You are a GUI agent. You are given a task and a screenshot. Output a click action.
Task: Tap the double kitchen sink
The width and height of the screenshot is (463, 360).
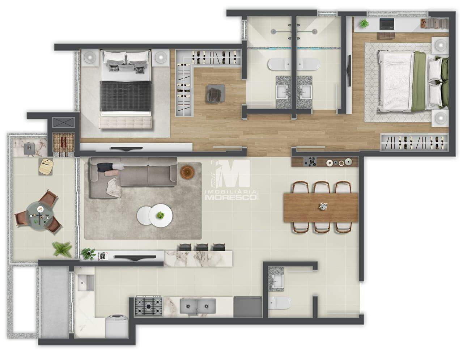click(x=197, y=307)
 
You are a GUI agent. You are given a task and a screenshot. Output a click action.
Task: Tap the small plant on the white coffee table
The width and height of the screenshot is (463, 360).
click(x=160, y=215)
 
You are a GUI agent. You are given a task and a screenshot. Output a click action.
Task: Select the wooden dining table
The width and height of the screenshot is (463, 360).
click(x=321, y=207)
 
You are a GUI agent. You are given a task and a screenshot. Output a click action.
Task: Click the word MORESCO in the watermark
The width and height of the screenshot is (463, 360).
click(x=231, y=197)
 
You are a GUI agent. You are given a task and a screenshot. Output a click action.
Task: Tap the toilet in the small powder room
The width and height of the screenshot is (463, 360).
click(x=281, y=303)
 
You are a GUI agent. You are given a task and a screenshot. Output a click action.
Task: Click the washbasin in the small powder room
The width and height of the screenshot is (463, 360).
click(x=277, y=280)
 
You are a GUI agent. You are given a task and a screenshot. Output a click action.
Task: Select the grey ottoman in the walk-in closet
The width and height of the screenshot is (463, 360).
click(x=216, y=93)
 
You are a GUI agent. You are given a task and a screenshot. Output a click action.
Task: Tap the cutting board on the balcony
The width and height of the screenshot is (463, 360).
click(x=46, y=166)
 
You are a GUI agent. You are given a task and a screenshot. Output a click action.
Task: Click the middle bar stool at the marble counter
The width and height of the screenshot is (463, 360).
click(x=201, y=247)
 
